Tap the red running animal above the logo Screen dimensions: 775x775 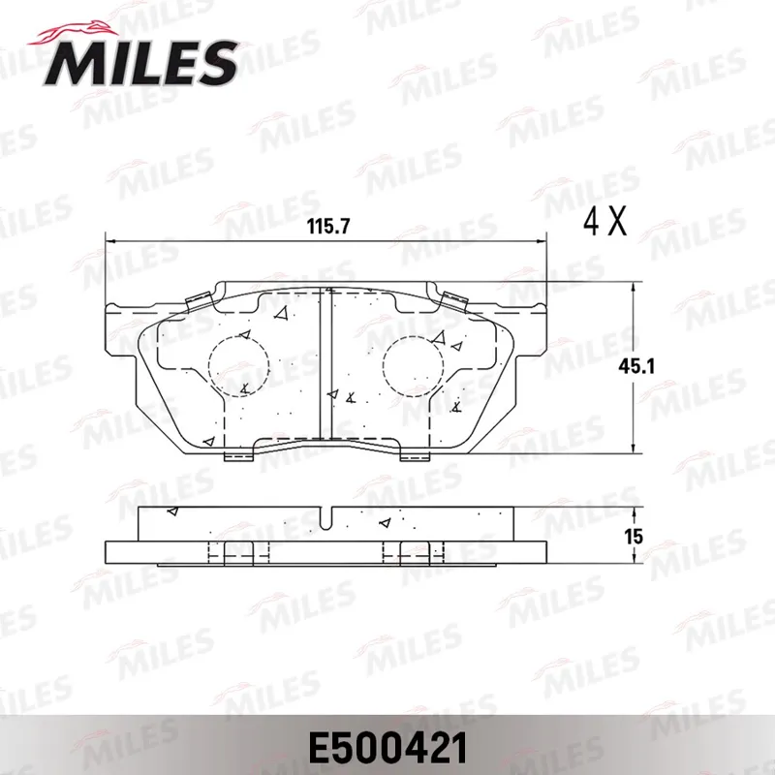pos(75,33)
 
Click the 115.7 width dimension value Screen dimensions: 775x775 pos(328,227)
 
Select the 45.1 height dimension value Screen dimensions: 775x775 pos(636,366)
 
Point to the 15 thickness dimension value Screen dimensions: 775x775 pos(634,537)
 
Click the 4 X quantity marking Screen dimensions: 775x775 pos(604,222)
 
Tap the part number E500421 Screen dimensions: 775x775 pos(387,748)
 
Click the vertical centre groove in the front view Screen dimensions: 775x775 pos(325,364)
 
